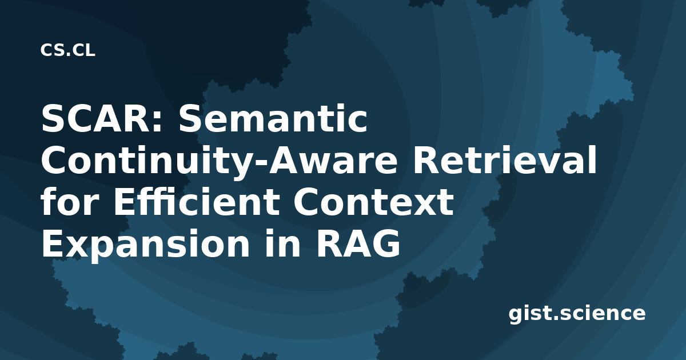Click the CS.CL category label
click(x=67, y=50)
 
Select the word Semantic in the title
click(x=273, y=119)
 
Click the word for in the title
click(x=70, y=201)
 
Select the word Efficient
click(x=197, y=201)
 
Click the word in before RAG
click(x=282, y=243)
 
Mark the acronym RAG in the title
click(x=358, y=243)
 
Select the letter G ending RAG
click(x=386, y=243)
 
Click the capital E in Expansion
click(x=52, y=243)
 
